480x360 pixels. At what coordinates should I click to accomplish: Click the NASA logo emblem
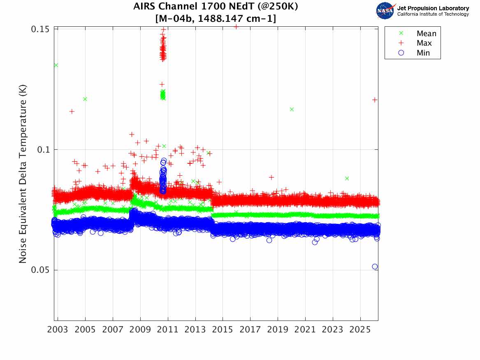(x=385, y=11)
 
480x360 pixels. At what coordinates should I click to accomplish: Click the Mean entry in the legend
(x=426, y=34)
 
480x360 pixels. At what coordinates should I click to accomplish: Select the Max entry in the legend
(x=424, y=43)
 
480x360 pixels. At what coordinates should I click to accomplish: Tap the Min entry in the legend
(x=423, y=53)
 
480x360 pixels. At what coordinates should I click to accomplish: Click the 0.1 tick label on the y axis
(x=42, y=150)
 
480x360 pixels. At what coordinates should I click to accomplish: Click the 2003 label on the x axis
(x=58, y=330)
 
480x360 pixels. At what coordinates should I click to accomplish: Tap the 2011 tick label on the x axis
(x=168, y=330)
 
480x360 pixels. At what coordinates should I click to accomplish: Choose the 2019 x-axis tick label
(x=278, y=330)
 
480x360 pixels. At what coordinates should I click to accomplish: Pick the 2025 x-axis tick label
(x=360, y=330)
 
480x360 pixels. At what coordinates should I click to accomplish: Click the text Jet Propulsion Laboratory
(x=433, y=8)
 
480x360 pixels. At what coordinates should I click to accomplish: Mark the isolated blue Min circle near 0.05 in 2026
(x=375, y=267)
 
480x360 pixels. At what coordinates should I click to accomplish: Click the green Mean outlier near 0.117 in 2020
(x=292, y=109)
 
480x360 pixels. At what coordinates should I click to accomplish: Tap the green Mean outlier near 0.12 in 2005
(x=85, y=99)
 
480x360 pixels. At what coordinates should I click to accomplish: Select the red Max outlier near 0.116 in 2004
(x=72, y=111)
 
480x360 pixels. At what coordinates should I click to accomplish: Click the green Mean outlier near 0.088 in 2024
(x=347, y=178)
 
